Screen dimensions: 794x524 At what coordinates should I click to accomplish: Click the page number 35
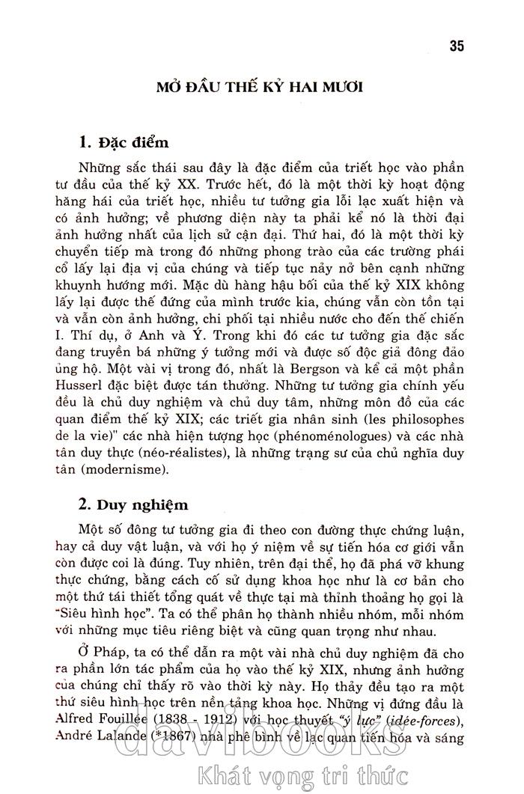[457, 46]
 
